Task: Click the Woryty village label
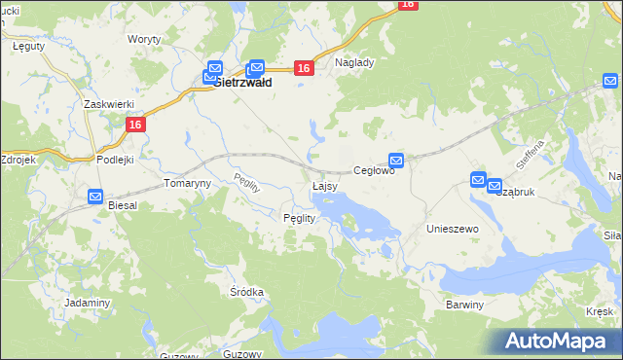pos(144,40)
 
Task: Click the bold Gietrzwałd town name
pos(241,84)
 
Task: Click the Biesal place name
pos(124,205)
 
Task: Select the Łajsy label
pos(325,185)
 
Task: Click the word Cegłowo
pos(373,170)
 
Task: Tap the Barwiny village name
pos(464,305)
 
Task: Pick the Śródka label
pos(247,292)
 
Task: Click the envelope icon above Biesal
pos(95,197)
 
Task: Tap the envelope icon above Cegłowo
pos(396,160)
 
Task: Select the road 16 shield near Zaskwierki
pos(134,124)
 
